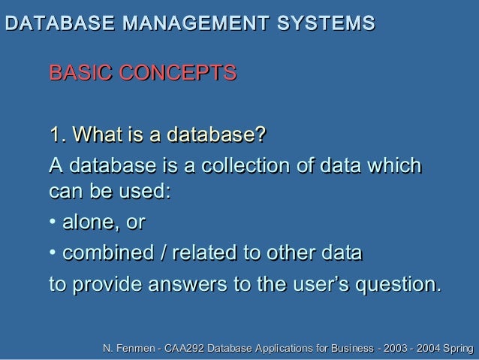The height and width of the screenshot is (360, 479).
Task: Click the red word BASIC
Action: (x=80, y=74)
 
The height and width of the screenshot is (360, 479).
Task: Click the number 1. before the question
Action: (x=57, y=135)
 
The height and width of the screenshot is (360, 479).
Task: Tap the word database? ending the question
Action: (x=216, y=135)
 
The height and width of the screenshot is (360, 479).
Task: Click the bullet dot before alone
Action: (x=52, y=223)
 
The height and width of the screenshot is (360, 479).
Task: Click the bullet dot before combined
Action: (x=52, y=254)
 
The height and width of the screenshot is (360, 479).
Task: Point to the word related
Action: (x=202, y=253)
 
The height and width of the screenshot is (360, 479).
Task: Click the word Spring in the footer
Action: (x=458, y=349)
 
